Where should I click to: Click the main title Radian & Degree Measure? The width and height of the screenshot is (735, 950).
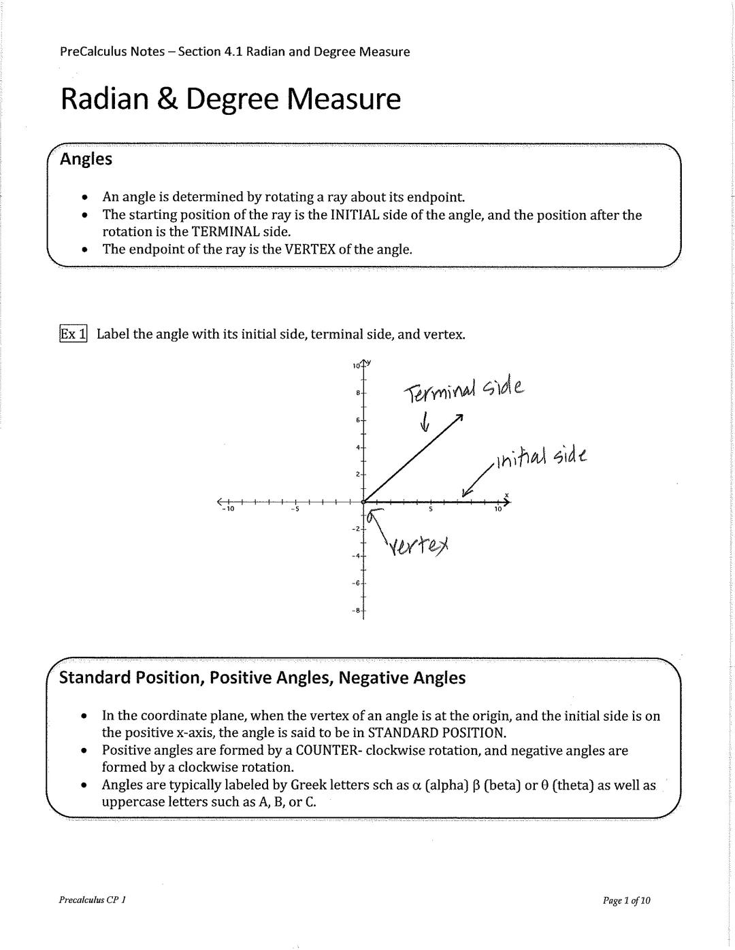click(231, 99)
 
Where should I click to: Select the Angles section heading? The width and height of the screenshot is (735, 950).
click(86, 159)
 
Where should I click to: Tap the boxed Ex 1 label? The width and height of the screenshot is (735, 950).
click(73, 334)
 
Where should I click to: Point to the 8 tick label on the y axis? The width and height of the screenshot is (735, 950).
click(357, 393)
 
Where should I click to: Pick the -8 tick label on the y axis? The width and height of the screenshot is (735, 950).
click(355, 611)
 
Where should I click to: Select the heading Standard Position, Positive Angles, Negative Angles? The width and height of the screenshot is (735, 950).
click(263, 678)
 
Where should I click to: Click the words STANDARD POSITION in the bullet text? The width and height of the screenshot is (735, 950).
click(436, 732)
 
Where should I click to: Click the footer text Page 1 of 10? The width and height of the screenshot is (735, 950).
click(626, 900)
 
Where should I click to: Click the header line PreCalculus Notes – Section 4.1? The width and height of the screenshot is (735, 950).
click(235, 52)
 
